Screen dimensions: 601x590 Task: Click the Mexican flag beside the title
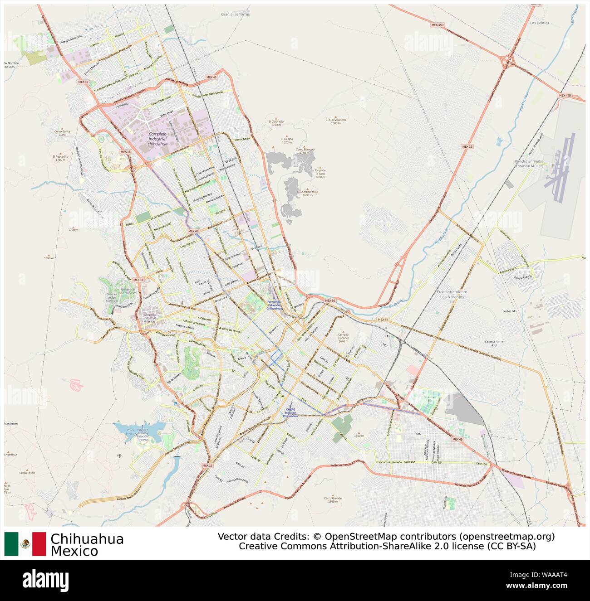coord(25,544)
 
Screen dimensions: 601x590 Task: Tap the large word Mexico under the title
coord(74,551)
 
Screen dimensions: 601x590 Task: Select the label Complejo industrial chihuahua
coord(158,139)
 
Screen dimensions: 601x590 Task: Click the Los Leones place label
coord(539,23)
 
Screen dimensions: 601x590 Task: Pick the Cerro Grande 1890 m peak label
coord(333,499)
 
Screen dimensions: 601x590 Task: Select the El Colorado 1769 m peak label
coord(275,123)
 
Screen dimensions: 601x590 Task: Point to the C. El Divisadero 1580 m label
coord(335,121)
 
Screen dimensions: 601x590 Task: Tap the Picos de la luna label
coord(320,173)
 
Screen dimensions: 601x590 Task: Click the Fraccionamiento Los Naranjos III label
coord(452,296)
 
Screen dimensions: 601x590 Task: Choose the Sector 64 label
coord(509,311)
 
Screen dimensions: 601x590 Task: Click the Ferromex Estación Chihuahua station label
coord(275,305)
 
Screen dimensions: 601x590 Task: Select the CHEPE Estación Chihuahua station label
coord(290,412)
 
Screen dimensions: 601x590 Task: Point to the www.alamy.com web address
coord(542,586)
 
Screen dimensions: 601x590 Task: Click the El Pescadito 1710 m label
coord(60,158)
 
